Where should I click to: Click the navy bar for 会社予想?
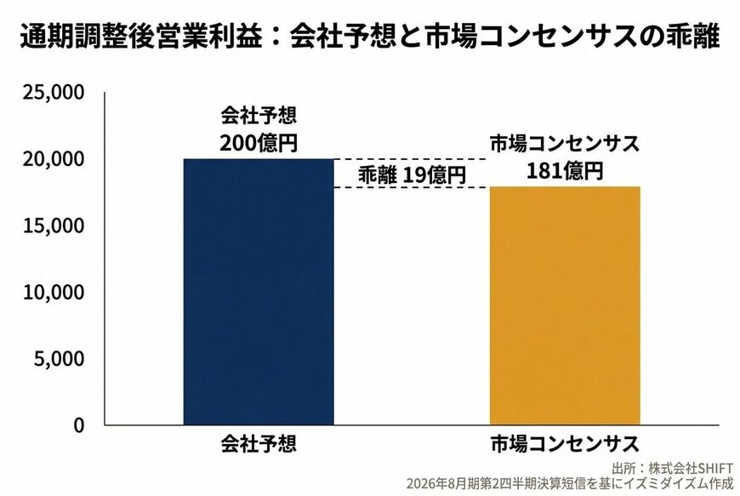click(x=259, y=292)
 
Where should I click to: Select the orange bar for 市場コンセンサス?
click(x=564, y=305)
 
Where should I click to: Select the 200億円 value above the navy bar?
click(x=259, y=143)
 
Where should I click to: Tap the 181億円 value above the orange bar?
click(x=564, y=170)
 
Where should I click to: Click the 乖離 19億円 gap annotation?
click(x=412, y=174)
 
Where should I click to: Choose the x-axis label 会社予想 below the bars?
click(x=259, y=444)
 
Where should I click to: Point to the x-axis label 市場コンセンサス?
click(x=564, y=444)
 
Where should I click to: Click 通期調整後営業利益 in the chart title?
click(x=141, y=38)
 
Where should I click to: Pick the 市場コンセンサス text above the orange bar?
click(x=564, y=144)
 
